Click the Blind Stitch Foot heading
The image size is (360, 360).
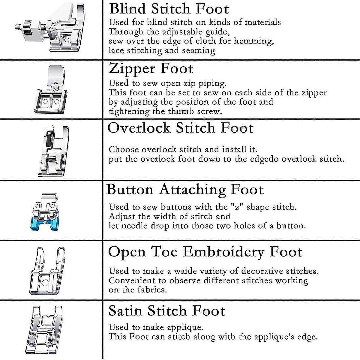169,9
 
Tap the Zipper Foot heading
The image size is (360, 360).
151,68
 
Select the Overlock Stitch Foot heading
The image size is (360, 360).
180,128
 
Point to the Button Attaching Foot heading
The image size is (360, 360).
185,190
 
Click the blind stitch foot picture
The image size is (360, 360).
51,30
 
